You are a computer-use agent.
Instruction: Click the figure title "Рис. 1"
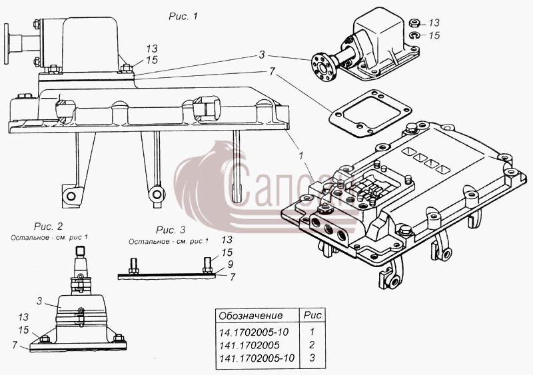tap(183, 16)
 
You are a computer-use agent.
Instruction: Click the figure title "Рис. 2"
tap(48, 226)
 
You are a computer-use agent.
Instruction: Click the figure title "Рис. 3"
tap(171, 230)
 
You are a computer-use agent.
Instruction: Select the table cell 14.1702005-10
tap(254, 332)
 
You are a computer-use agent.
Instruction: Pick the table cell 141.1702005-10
tap(257, 358)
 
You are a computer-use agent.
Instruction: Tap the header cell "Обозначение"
tap(251, 316)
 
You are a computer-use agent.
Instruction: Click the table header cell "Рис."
tap(313, 315)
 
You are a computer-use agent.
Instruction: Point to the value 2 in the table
tap(312, 345)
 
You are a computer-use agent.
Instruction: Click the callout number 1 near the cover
tap(301, 155)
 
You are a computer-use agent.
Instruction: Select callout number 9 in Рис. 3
tap(231, 264)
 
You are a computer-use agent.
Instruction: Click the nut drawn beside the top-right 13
tap(414, 23)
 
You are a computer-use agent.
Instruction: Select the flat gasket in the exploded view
tap(370, 113)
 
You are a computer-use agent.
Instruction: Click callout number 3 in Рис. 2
tap(40, 301)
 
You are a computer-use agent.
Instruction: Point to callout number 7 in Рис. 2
tap(15, 345)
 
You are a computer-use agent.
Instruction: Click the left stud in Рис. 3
tap(133, 266)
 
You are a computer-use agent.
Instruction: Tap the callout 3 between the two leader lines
tap(261, 55)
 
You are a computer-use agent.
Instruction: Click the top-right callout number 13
tap(434, 23)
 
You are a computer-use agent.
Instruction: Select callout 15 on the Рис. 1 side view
tap(152, 60)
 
